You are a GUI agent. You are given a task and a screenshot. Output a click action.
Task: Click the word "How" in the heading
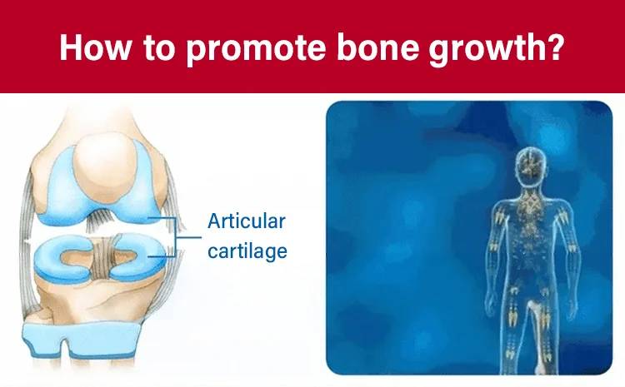[95, 47]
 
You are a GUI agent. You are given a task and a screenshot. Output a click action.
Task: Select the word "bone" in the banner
[377, 47]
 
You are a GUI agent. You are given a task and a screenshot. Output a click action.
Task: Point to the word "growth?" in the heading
[497, 48]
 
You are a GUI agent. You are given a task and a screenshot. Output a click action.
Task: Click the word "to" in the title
[159, 48]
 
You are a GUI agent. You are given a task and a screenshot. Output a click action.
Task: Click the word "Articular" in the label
[247, 221]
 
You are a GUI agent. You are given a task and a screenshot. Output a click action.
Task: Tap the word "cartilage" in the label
[247, 251]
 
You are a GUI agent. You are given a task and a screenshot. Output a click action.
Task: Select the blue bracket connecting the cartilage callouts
[174, 237]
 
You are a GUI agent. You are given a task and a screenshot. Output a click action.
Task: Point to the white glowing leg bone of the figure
[536, 335]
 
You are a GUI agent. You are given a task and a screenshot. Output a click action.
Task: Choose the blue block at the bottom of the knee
[82, 340]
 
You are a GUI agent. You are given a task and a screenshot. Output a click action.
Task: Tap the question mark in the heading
[554, 47]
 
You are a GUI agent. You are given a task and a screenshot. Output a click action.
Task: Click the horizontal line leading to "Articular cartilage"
[189, 238]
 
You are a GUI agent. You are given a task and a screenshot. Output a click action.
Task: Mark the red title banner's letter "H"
[72, 47]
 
